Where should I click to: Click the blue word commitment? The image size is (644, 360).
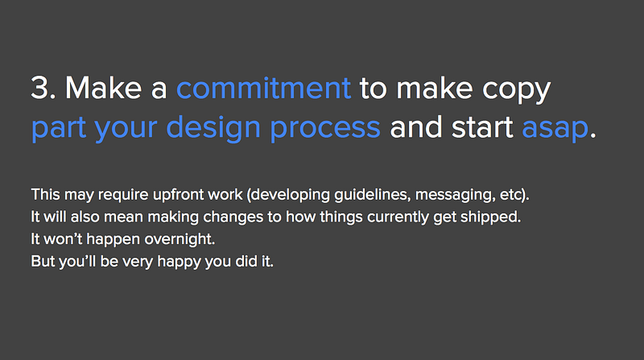click(x=264, y=88)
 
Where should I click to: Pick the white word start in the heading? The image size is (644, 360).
click(x=482, y=127)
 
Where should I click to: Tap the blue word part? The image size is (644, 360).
click(x=59, y=129)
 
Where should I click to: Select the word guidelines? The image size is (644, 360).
click(x=372, y=195)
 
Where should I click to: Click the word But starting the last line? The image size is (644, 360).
click(x=43, y=262)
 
